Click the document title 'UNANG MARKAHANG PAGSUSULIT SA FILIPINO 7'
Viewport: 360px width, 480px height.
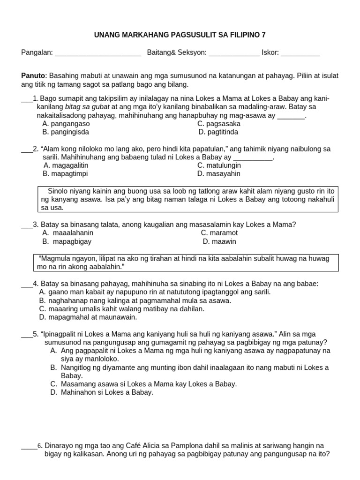180,35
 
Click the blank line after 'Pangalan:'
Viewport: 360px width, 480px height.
98,53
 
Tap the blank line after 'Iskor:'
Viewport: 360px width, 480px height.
300,53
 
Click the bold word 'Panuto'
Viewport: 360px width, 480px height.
33,75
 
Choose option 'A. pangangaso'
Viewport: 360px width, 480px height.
66,124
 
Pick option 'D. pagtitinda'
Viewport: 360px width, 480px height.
218,132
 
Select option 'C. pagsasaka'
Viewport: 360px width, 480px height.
218,124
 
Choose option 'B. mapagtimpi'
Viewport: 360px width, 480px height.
65,173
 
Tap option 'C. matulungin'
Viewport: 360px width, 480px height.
219,165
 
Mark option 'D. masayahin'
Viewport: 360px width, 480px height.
218,173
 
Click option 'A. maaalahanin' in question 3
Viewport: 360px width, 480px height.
67,232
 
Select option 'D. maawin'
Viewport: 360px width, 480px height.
219,241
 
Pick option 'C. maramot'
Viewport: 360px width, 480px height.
219,232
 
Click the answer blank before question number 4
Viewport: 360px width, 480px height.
26,285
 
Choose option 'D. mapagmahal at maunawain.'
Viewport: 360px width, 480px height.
88,317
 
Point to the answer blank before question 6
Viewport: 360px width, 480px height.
29,447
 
